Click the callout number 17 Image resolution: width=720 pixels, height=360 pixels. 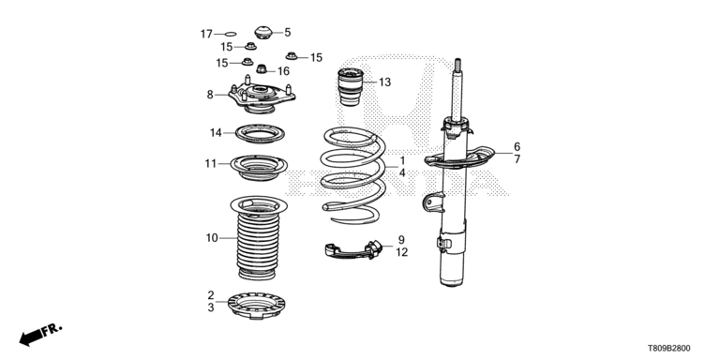click(206, 34)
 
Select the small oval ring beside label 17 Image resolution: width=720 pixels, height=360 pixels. click(231, 34)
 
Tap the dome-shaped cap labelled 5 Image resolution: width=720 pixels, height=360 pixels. click(263, 32)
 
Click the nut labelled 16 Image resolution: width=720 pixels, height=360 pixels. click(262, 69)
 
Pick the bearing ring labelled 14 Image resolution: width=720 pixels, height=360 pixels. click(260, 133)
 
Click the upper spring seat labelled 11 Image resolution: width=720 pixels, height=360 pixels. click(259, 167)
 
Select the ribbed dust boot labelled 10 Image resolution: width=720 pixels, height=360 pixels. click(258, 237)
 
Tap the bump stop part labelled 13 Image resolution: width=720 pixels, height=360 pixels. click(351, 86)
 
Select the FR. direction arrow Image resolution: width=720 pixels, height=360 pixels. click(40, 335)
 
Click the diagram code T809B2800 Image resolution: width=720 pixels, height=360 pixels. click(669, 349)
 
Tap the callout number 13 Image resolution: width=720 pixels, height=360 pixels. click(384, 82)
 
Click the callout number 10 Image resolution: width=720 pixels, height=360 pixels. click(212, 238)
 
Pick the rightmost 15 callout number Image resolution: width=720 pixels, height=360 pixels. click(316, 57)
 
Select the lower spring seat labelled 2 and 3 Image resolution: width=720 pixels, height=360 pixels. click(256, 306)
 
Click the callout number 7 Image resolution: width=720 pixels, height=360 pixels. click(517, 159)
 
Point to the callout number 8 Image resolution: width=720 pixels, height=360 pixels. click(210, 95)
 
